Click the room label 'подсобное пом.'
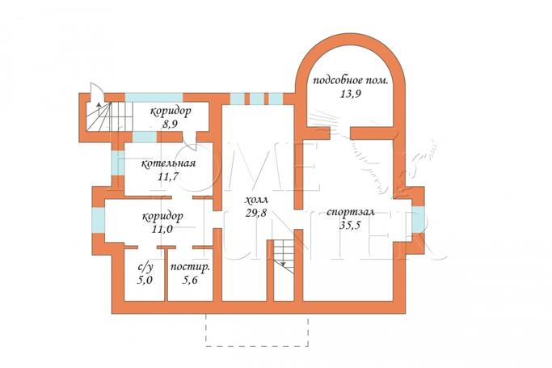(351, 81)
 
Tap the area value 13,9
(351, 94)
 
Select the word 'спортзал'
(350, 213)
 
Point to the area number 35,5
(350, 226)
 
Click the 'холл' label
(256, 200)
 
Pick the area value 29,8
(256, 213)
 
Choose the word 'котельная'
(168, 163)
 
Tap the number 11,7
(168, 176)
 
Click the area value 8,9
(170, 124)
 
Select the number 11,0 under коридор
(162, 229)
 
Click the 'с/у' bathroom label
(145, 268)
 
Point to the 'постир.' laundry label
(190, 267)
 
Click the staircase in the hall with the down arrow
(284, 256)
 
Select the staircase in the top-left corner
(109, 116)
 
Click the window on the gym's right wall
(418, 219)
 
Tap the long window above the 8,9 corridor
(154, 97)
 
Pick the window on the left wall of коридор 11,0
(99, 220)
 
